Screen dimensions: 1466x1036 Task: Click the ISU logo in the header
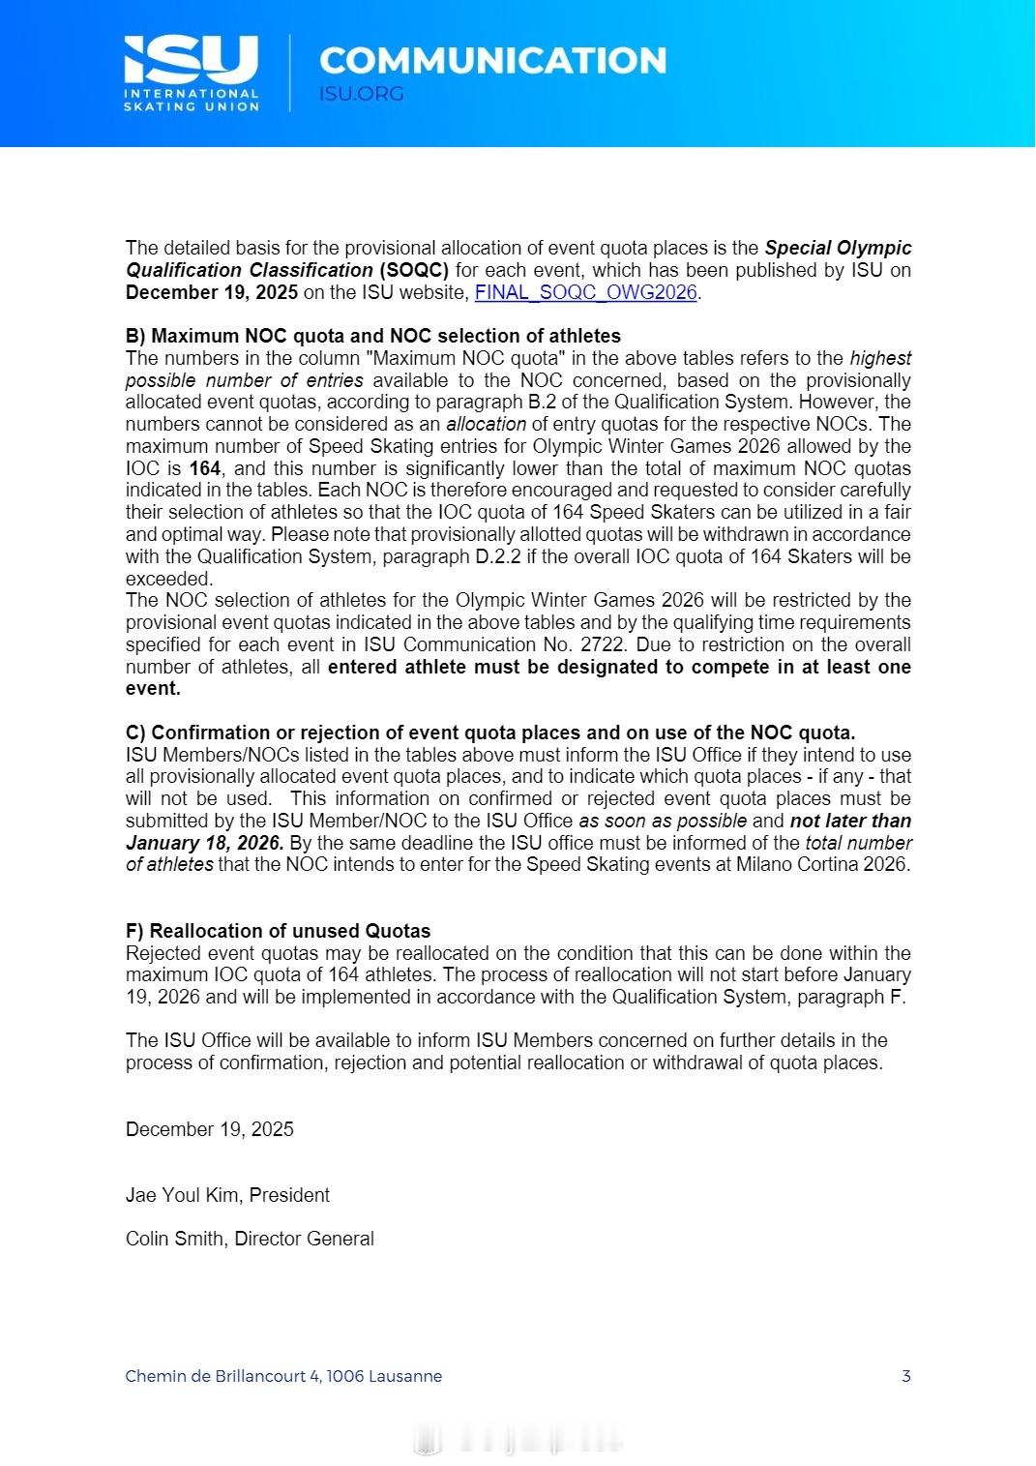tap(191, 73)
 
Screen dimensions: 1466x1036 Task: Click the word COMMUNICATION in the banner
tap(492, 60)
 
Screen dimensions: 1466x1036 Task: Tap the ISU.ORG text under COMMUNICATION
tap(361, 94)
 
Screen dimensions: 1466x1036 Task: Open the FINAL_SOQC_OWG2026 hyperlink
tap(585, 292)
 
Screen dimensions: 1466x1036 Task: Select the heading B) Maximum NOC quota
tap(373, 336)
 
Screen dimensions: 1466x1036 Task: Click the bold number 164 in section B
tap(204, 468)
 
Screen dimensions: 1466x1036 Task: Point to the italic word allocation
tap(486, 424)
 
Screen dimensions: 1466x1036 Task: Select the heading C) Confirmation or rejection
tap(490, 733)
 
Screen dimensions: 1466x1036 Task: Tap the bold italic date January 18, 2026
tap(205, 843)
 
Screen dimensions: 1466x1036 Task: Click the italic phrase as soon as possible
tap(663, 821)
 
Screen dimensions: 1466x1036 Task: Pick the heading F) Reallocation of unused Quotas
tap(278, 931)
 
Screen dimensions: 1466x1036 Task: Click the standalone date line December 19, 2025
tap(210, 1129)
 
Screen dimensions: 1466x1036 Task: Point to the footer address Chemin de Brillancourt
tap(283, 1376)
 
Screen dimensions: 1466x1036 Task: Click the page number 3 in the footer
tap(906, 1376)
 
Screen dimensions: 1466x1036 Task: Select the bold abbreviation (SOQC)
tap(414, 270)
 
